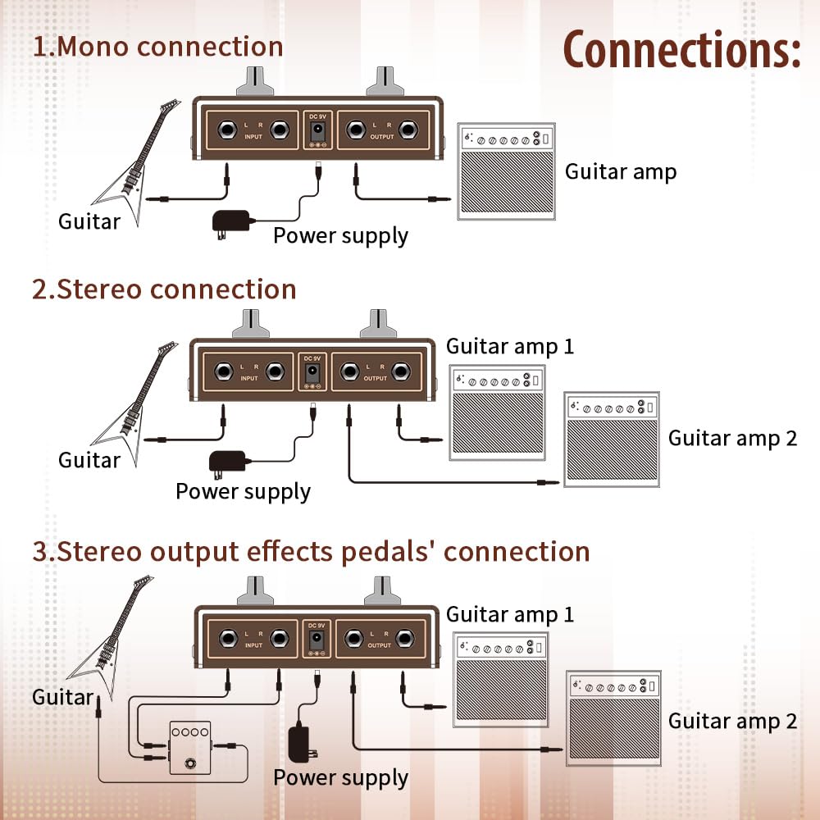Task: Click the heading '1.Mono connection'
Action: (158, 46)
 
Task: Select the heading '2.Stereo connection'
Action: (164, 289)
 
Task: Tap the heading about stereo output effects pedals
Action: (311, 551)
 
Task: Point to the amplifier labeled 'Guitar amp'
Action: (504, 174)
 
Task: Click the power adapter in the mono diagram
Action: (232, 221)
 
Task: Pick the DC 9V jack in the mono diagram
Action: (315, 130)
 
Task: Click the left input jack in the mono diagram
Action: (226, 130)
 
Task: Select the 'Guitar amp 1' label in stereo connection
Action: (510, 346)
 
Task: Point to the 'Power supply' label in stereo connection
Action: (243, 491)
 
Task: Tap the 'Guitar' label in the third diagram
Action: (62, 697)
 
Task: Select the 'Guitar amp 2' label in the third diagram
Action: (732, 721)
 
